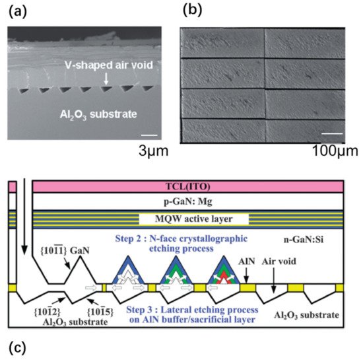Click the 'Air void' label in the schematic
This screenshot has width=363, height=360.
[274, 262]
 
